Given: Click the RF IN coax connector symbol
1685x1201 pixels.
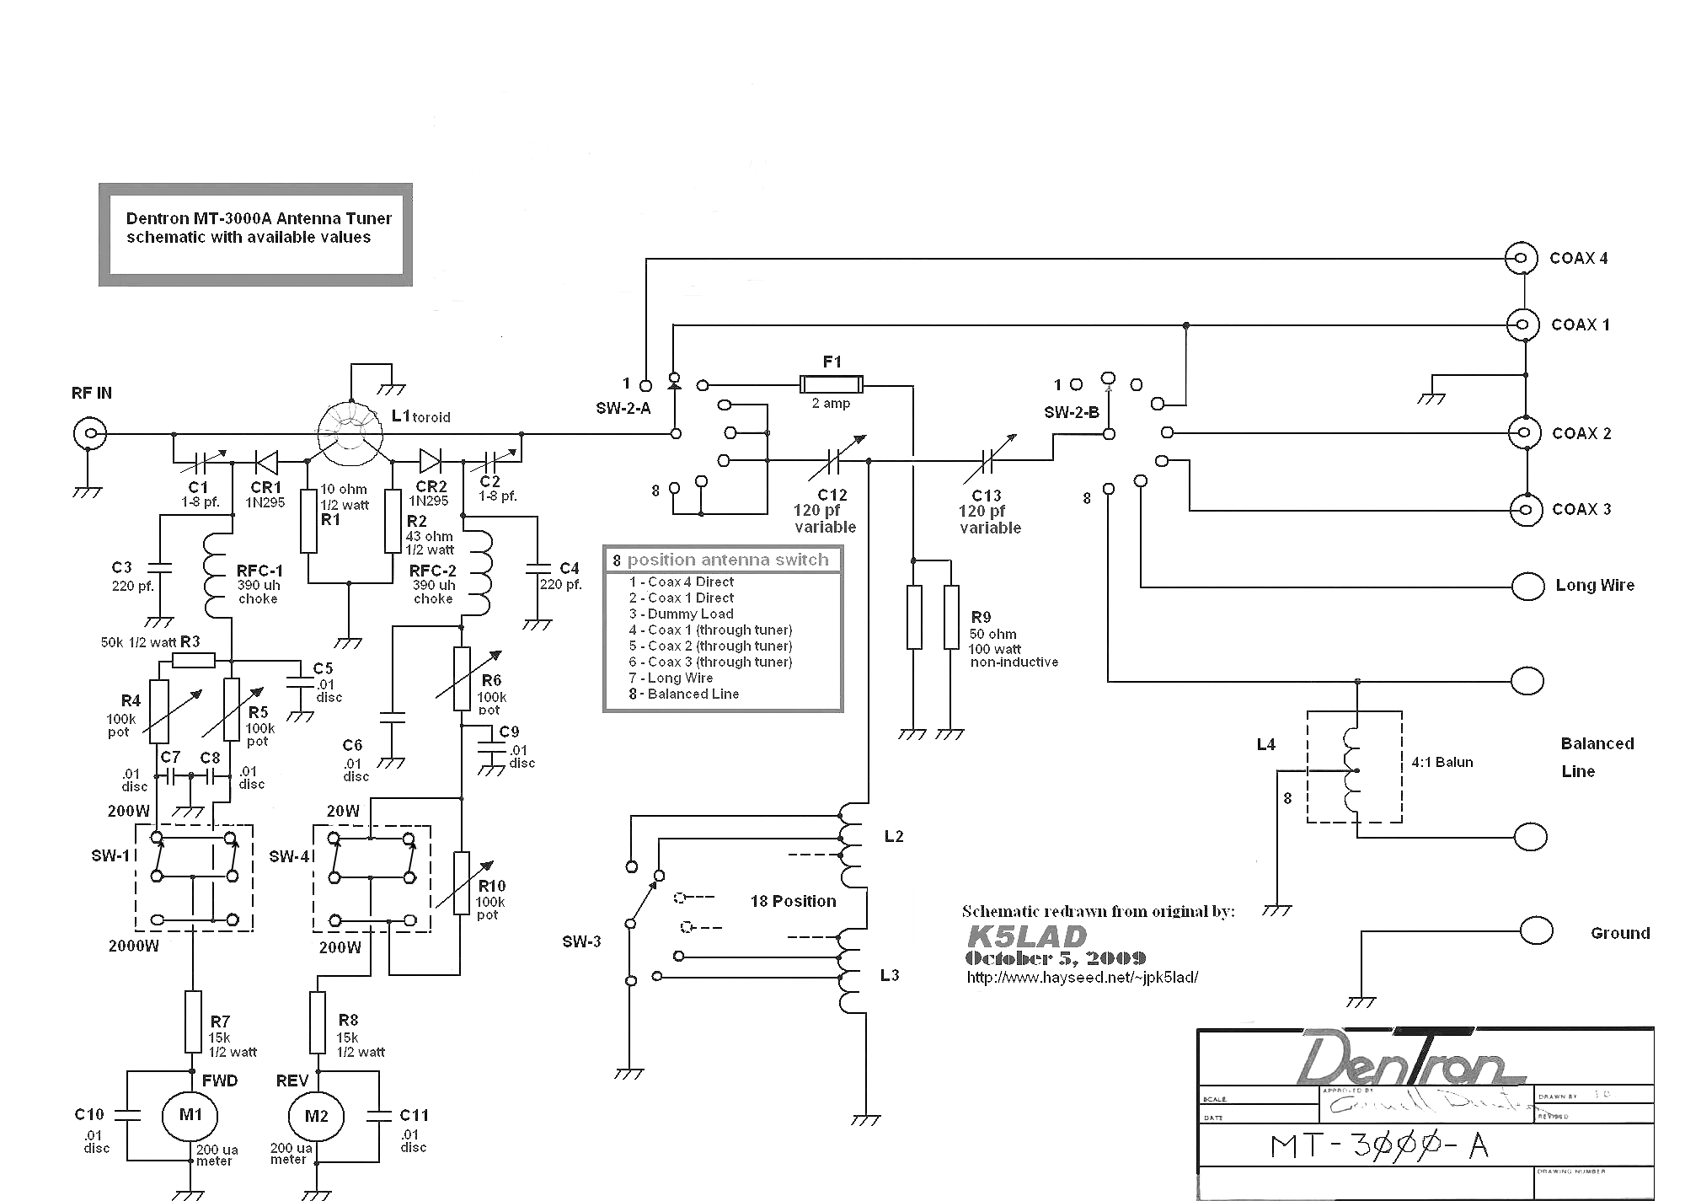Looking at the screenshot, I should click(89, 434).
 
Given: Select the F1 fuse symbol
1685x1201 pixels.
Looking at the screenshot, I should click(832, 385).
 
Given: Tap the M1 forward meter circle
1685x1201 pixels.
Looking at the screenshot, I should click(190, 1115).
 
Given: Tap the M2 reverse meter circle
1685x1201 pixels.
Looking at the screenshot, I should click(316, 1116).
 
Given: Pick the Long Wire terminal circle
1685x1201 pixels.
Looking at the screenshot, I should click(1527, 586).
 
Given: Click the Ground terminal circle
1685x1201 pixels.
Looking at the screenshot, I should click(1536, 930).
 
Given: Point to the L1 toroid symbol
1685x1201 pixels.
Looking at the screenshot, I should click(350, 434).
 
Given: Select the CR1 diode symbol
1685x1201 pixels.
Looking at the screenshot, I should click(267, 461).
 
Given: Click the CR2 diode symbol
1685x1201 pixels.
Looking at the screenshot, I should click(430, 460).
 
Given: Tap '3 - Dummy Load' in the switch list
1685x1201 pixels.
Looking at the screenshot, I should click(682, 614).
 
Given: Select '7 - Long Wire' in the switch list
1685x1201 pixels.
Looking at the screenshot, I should click(671, 678).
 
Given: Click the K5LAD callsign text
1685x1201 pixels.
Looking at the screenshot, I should click(1026, 936).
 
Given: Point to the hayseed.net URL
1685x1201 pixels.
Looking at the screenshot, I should click(1082, 978).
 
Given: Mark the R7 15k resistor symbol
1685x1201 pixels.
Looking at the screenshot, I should click(193, 1021).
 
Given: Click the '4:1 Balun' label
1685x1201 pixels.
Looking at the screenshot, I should click(1442, 762).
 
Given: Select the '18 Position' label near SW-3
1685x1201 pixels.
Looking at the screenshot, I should click(793, 901).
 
